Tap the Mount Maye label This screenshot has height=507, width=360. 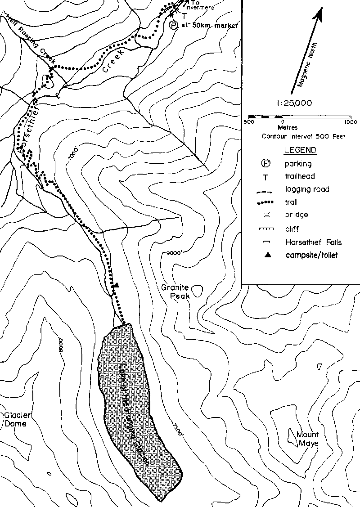click(307, 439)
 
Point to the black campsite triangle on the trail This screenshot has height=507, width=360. click(116, 285)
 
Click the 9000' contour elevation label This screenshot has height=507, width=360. click(173, 253)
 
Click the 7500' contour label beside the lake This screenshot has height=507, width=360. click(176, 427)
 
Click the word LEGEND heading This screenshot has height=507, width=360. click(300, 150)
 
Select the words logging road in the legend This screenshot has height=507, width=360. click(306, 189)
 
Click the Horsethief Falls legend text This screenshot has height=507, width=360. click(313, 242)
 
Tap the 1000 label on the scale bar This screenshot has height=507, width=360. click(347, 122)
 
